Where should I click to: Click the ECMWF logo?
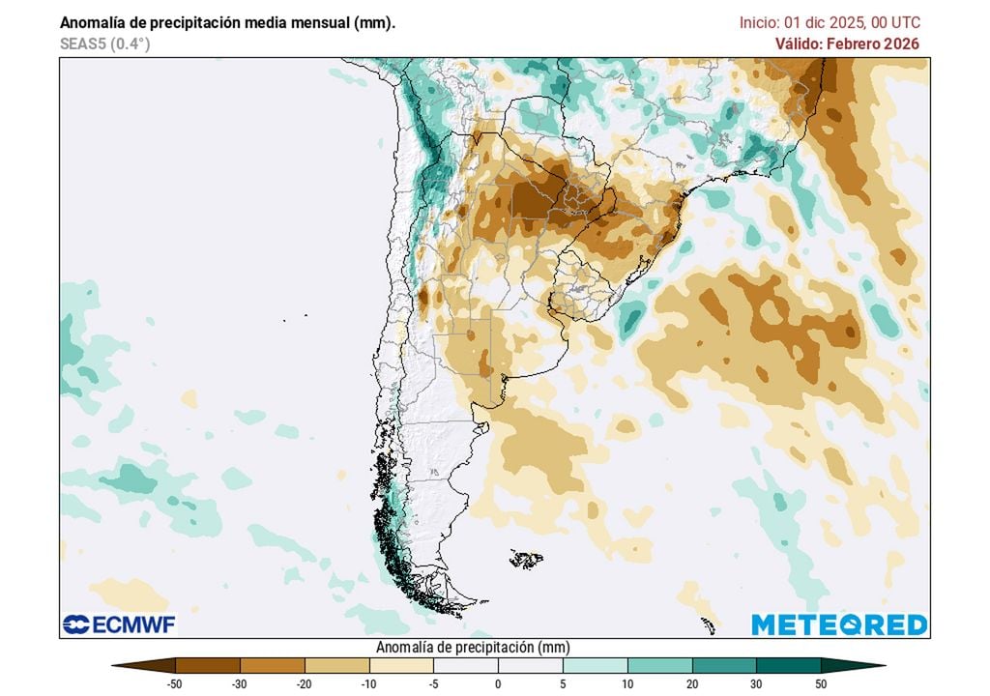tap(119, 624)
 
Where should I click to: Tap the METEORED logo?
tap(839, 624)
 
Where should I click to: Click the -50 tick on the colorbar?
tap(176, 683)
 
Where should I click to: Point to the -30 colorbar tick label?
tap(240, 683)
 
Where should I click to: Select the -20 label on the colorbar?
tap(305, 683)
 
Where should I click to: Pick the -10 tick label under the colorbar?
tap(369, 683)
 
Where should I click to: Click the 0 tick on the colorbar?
tap(498, 683)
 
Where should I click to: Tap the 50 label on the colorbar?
tap(821, 683)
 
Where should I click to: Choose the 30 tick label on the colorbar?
tap(756, 683)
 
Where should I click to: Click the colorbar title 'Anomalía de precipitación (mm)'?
tap(471, 647)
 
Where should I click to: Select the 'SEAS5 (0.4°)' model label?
tap(104, 43)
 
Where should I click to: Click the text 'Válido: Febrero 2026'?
tap(847, 43)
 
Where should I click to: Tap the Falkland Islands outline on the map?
tap(527, 559)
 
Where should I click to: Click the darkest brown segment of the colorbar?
tap(208, 665)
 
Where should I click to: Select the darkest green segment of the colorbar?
tap(788, 665)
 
